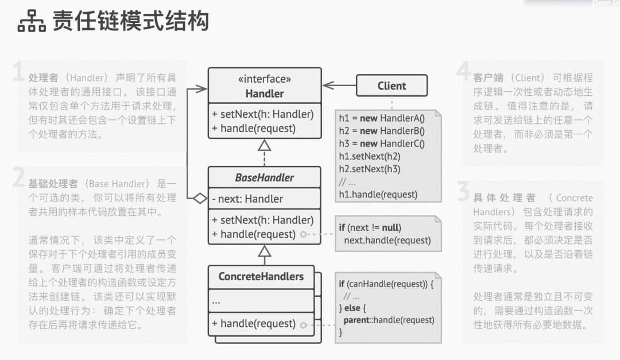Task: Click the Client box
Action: tap(392, 86)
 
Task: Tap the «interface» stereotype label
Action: tap(264, 79)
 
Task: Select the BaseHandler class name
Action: tap(264, 177)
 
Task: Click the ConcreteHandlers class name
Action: tap(261, 276)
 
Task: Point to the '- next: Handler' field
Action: tap(247, 199)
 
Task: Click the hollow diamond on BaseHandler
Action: tap(199, 199)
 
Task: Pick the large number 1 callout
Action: tap(19, 73)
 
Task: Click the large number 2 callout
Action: tap(19, 179)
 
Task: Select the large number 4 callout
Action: tap(464, 72)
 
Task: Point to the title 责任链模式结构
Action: tap(131, 22)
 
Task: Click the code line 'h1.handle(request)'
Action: tap(378, 194)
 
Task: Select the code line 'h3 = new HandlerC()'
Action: tap(381, 144)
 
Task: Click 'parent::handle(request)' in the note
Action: tap(389, 320)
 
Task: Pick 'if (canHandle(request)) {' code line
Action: tap(386, 284)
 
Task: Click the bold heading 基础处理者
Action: tap(53, 184)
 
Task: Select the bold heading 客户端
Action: tap(488, 78)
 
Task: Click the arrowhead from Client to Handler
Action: tap(326, 86)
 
